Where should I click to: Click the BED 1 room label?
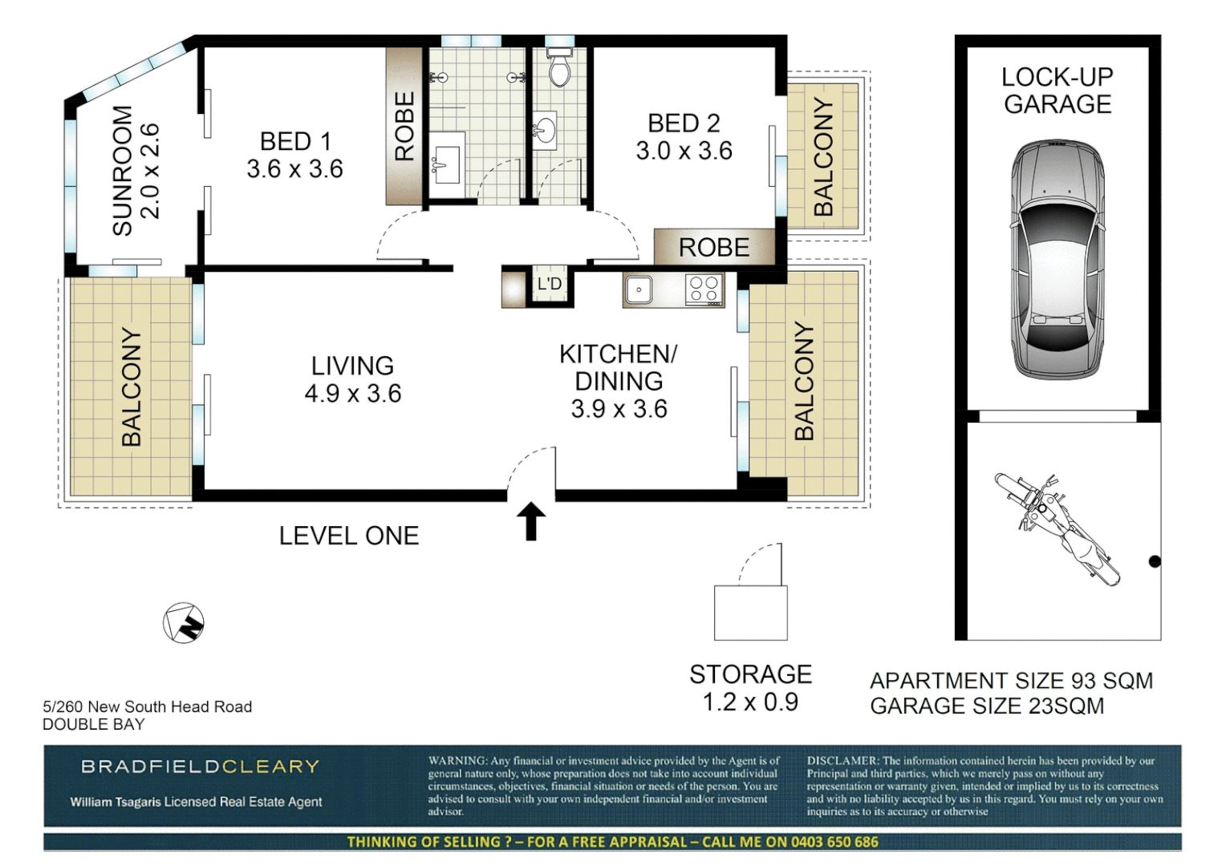(x=294, y=143)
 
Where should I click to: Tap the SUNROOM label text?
(x=122, y=170)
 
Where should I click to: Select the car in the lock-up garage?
(x=1057, y=260)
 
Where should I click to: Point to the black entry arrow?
(x=530, y=521)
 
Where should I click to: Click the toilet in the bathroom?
(x=558, y=68)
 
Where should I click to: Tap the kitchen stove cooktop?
(x=704, y=289)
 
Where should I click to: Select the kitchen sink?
(x=639, y=289)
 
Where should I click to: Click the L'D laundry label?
(x=550, y=284)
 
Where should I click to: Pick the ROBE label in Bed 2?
(x=713, y=248)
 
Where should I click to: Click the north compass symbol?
(x=184, y=623)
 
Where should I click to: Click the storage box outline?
(x=750, y=613)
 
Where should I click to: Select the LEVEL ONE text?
(x=348, y=536)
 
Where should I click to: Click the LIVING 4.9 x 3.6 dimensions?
(x=352, y=394)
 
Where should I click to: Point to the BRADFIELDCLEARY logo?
(x=200, y=767)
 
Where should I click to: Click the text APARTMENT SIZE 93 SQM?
(x=1011, y=681)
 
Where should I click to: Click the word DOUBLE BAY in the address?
(x=93, y=724)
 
